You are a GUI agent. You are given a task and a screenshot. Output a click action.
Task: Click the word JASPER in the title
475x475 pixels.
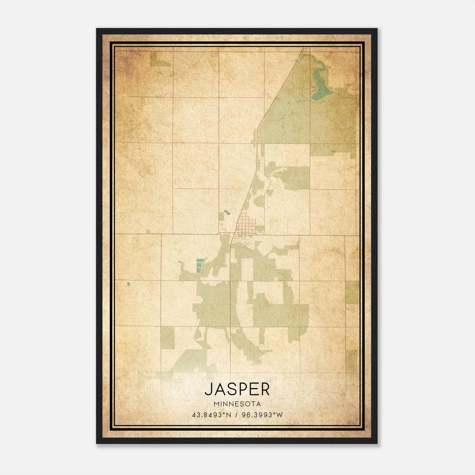[x=237, y=389]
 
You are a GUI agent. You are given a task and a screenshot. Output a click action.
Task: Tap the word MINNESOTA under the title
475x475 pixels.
[x=237, y=404]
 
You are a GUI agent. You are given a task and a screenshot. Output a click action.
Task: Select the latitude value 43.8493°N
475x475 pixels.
[x=211, y=415]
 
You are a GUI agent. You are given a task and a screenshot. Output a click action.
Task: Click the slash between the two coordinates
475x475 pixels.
[x=237, y=415]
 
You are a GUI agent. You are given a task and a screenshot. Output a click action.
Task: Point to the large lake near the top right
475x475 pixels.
[x=319, y=83]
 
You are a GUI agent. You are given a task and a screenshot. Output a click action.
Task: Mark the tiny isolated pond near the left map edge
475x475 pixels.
[x=129, y=284]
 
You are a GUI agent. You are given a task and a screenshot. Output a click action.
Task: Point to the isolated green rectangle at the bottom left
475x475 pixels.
[x=168, y=338]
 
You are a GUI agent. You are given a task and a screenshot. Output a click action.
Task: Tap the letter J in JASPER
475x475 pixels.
[x=209, y=389]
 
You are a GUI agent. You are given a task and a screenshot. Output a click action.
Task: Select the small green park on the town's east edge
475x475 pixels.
[x=260, y=229]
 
